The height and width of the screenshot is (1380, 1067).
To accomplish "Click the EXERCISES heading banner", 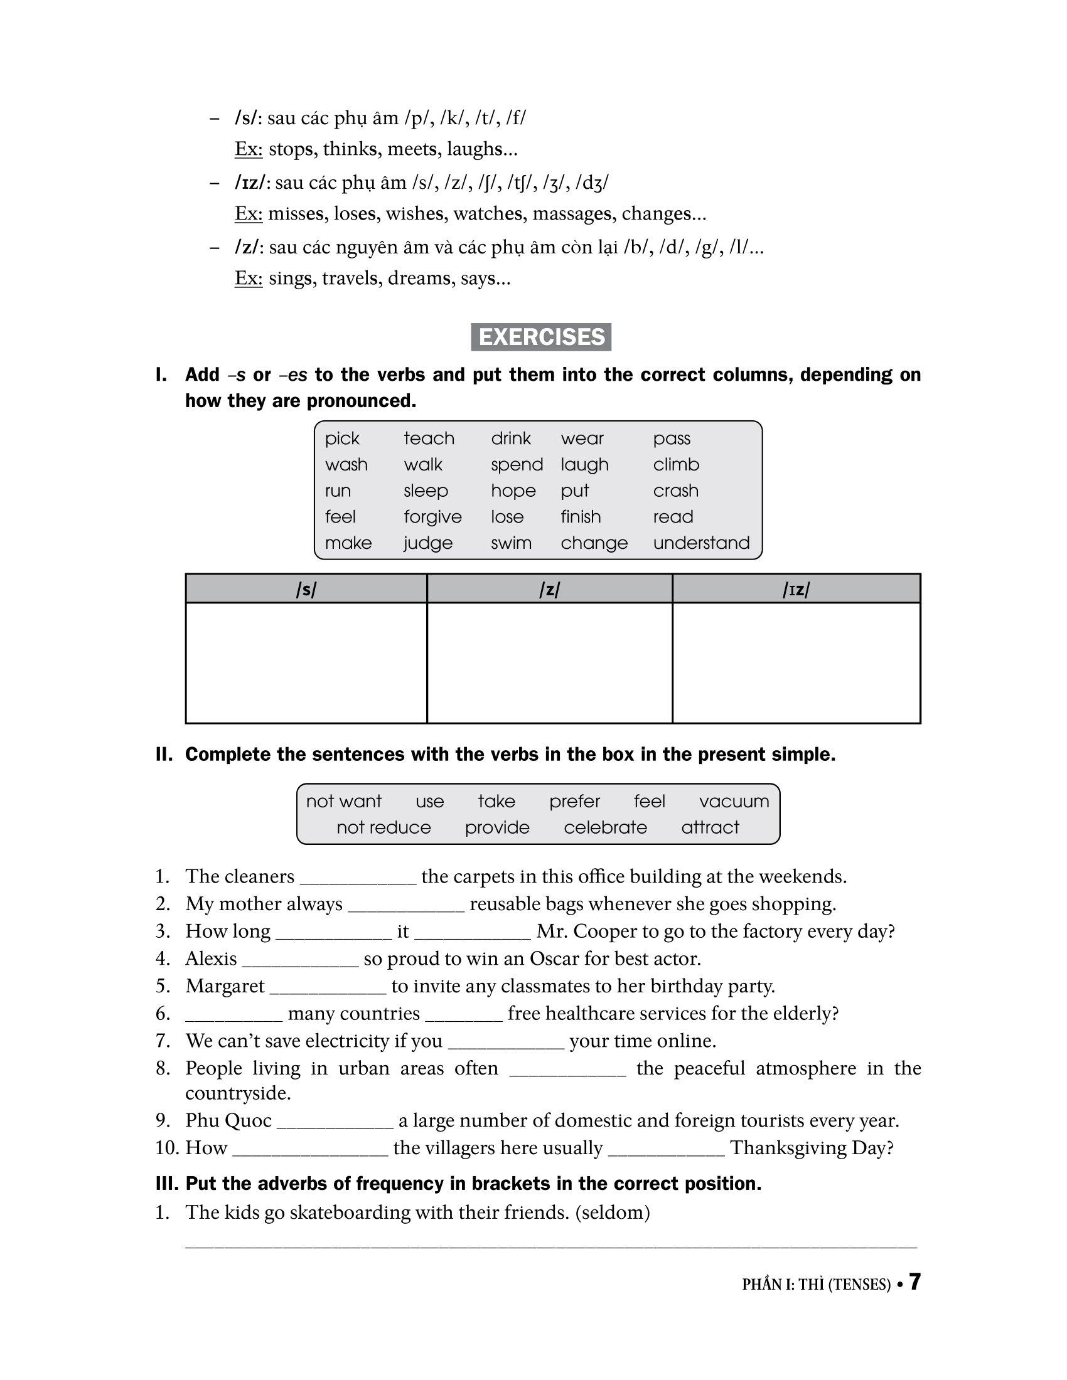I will click(x=540, y=337).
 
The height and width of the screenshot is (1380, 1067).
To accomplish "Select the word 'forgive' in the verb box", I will click(x=432, y=517).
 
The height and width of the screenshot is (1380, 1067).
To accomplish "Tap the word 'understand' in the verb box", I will click(x=701, y=543).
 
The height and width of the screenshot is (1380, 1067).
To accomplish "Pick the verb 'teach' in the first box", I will click(x=429, y=438).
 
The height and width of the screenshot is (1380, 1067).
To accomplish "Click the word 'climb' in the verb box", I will click(x=676, y=464).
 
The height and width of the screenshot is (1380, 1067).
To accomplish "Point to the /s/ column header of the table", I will click(x=306, y=590).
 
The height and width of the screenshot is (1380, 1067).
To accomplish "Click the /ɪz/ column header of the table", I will click(x=796, y=590).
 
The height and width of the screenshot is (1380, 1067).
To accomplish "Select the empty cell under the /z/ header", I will click(x=549, y=662).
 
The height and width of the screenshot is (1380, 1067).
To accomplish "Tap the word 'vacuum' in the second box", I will click(x=734, y=801).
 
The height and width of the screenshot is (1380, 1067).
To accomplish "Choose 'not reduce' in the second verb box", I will click(x=383, y=827).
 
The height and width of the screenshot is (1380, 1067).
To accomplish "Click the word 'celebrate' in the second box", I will click(x=605, y=827).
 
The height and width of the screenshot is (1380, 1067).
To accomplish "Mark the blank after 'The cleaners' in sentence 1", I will click(x=358, y=878).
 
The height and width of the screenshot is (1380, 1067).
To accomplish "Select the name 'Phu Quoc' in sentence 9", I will click(x=228, y=1120).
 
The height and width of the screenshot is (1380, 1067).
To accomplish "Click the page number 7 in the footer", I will click(x=914, y=1282).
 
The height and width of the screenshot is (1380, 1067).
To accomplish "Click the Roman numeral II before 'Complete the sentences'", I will click(x=163, y=755).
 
